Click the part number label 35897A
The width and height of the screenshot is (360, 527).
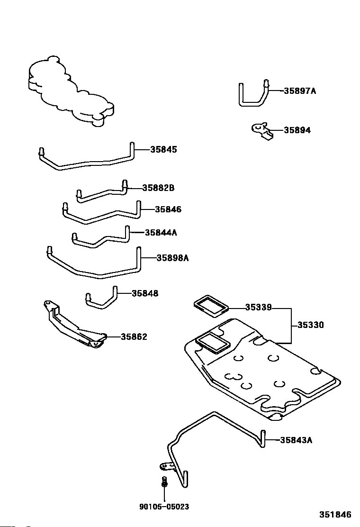(x=300, y=91)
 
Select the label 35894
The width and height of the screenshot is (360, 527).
(x=297, y=130)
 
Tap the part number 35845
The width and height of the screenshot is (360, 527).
(x=163, y=150)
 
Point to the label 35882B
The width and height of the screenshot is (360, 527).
(x=158, y=188)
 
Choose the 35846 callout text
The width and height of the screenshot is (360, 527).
(x=168, y=209)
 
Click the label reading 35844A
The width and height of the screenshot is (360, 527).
(x=161, y=233)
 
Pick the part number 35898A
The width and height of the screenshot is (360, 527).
(x=172, y=258)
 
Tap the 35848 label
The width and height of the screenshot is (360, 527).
(x=145, y=293)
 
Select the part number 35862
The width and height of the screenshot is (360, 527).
(x=134, y=337)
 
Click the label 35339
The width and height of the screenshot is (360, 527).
(x=258, y=307)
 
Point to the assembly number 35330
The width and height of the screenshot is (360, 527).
(x=311, y=325)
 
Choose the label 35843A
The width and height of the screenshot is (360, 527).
(x=296, y=440)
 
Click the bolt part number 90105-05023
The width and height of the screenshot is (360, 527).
(x=164, y=507)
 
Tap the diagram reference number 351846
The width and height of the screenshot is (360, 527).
(x=335, y=515)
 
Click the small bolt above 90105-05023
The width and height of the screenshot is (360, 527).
(x=164, y=482)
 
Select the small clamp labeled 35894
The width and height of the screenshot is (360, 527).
(x=262, y=131)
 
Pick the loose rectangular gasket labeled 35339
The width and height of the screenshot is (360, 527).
(x=211, y=306)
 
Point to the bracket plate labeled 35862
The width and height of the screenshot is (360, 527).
(x=74, y=325)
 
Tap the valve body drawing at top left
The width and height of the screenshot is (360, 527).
(x=71, y=91)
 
